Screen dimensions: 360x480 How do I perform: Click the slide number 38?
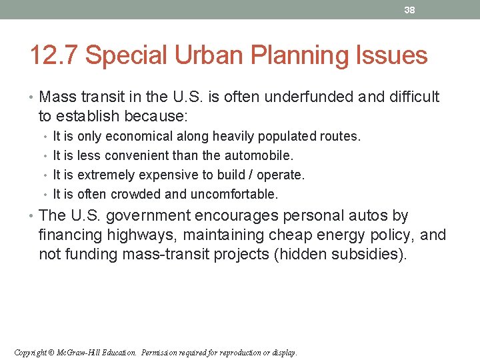(409, 10)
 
